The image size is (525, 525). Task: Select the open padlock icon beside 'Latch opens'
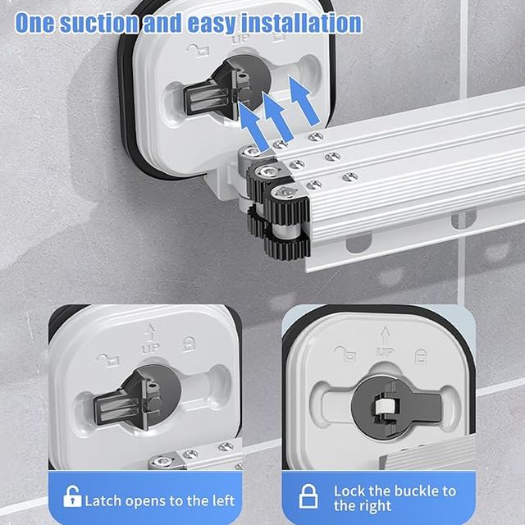pos(73,497)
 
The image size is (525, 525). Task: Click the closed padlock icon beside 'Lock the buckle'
pos(308,497)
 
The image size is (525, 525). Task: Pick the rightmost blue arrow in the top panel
pos(304,107)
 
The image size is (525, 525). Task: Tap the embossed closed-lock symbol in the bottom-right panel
pos(420,356)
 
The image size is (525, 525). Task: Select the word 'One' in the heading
pos(34,22)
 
